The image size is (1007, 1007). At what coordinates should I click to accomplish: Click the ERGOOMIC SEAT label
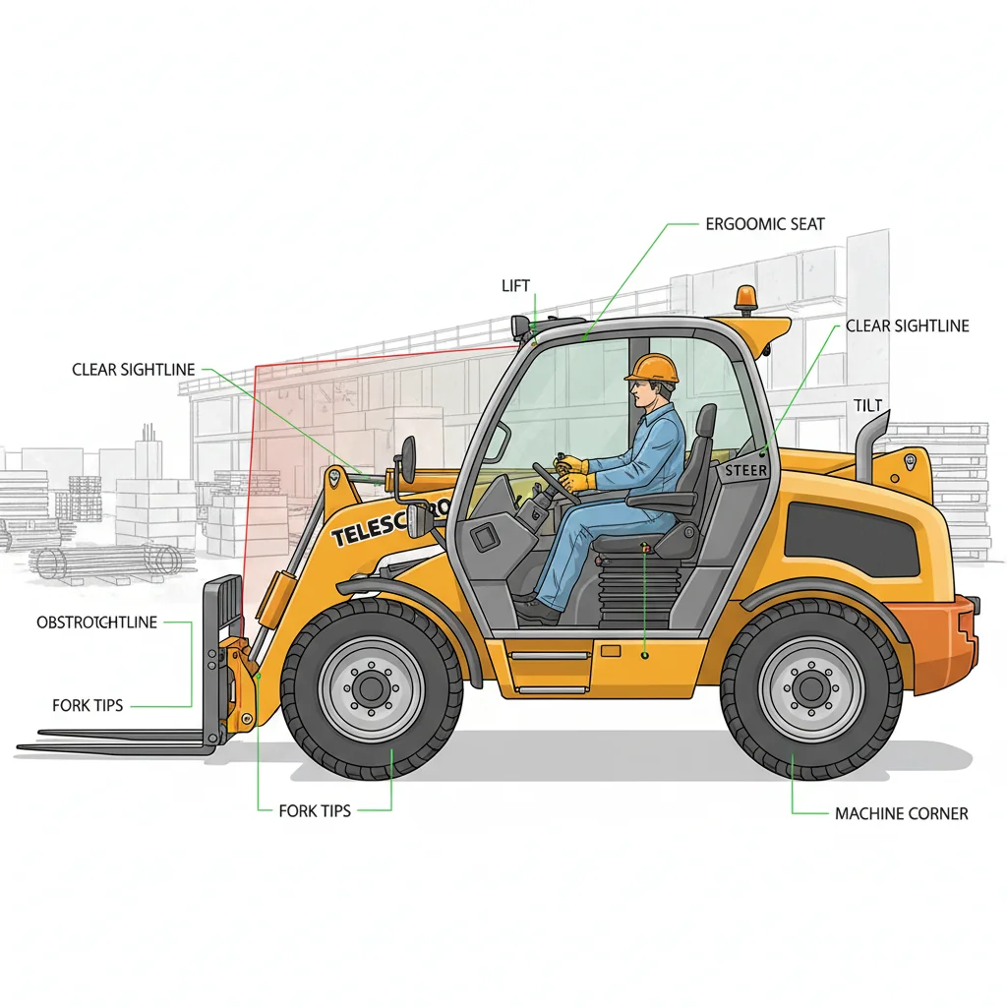pos(765,224)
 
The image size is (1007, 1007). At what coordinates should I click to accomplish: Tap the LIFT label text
pos(515,285)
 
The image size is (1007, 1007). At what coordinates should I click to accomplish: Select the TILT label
pos(868,406)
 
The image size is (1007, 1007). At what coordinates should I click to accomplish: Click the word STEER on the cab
pos(745,471)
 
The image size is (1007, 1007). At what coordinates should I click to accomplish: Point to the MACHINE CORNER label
pos(901,813)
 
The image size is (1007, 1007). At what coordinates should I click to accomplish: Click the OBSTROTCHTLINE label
pos(96,622)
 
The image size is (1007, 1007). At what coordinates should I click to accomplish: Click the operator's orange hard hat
pos(652,368)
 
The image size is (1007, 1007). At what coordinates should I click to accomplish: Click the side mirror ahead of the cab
pos(407,459)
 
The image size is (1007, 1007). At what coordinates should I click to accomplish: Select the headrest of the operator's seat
pos(704,424)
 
